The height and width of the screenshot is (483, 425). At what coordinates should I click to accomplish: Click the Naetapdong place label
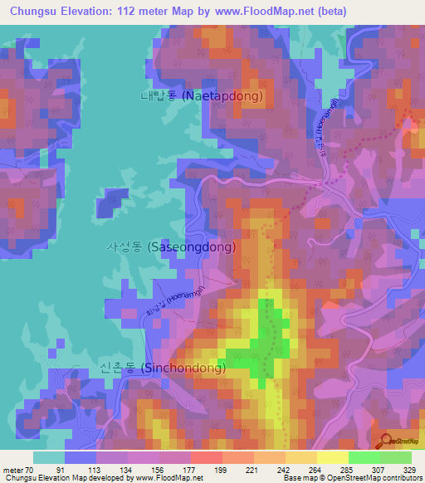coord(201,96)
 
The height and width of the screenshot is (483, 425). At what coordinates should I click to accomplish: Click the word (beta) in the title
coord(328,12)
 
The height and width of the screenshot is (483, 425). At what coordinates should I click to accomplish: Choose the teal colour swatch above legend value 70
coord(49,457)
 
